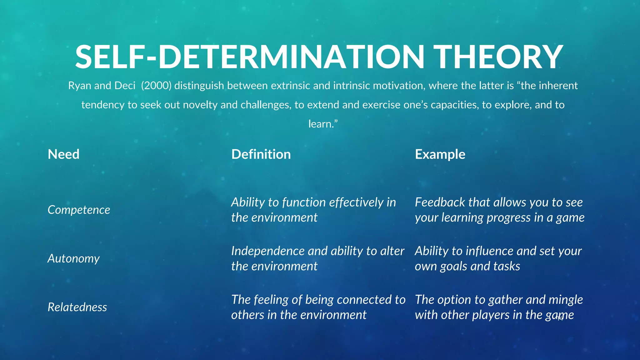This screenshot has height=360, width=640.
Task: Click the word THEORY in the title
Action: [499, 57]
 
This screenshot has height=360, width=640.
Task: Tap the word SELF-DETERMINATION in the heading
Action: [250, 57]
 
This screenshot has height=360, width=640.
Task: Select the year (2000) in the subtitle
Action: [156, 86]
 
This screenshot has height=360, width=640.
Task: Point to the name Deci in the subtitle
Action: [125, 86]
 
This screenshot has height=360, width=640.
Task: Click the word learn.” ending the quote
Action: [323, 124]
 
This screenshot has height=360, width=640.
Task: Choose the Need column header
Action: [63, 154]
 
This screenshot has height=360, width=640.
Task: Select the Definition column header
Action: [261, 154]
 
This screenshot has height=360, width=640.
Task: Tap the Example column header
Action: [440, 154]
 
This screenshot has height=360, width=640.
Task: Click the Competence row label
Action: [79, 210]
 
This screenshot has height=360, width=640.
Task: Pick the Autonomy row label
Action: [73, 259]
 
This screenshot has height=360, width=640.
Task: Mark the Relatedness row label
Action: [77, 307]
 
